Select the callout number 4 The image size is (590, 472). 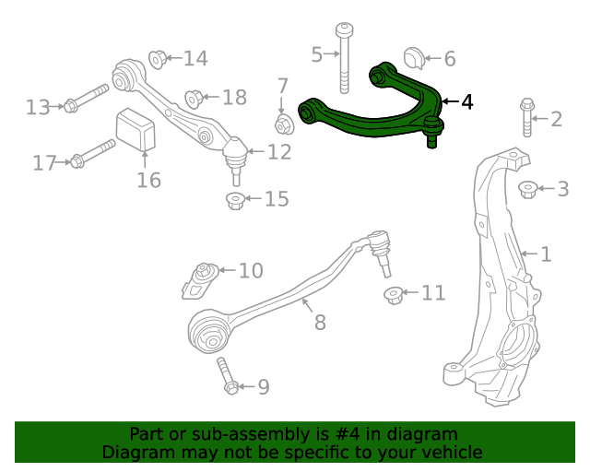click(x=467, y=101)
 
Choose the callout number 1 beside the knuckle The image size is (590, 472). click(x=545, y=254)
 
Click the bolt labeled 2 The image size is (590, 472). click(x=526, y=118)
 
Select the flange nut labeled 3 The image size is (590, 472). click(x=527, y=190)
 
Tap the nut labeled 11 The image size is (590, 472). click(x=394, y=295)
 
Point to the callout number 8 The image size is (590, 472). click(x=320, y=323)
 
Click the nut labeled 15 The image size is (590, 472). click(x=235, y=200)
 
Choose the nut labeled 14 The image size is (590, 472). click(x=158, y=59)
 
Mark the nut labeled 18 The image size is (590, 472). click(x=194, y=97)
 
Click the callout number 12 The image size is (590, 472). click(x=279, y=151)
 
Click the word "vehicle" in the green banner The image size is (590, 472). click(x=449, y=452)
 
